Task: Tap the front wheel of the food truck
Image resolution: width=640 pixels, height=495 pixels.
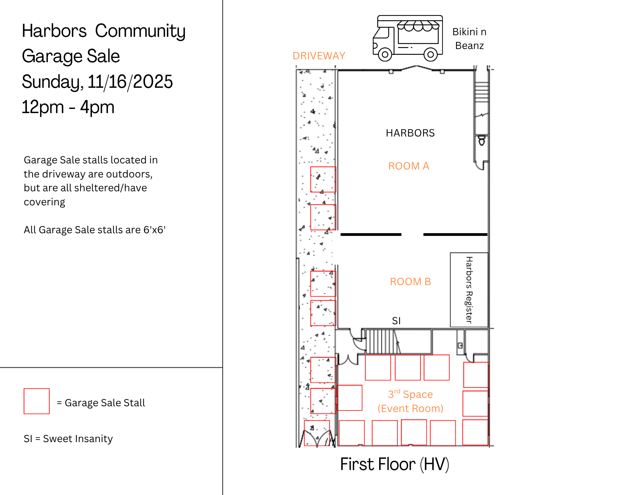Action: pyautogui.click(x=385, y=54)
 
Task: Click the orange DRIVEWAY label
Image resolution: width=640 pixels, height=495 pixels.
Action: pyautogui.click(x=319, y=56)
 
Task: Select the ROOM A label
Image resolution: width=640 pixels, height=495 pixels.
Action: pyautogui.click(x=409, y=166)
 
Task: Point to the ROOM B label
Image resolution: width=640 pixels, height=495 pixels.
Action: pyautogui.click(x=411, y=282)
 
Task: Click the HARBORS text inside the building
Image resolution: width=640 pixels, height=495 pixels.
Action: pyautogui.click(x=410, y=133)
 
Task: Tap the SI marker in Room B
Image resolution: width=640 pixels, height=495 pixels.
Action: pyautogui.click(x=396, y=321)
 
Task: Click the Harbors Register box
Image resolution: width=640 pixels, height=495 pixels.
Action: pyautogui.click(x=469, y=290)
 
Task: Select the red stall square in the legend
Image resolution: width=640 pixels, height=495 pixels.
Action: pyautogui.click(x=37, y=401)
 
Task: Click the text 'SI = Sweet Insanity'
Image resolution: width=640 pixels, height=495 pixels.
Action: pyautogui.click(x=68, y=439)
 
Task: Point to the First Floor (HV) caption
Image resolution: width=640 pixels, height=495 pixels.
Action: pyautogui.click(x=395, y=464)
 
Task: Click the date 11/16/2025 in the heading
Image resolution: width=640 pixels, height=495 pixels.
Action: pyautogui.click(x=130, y=81)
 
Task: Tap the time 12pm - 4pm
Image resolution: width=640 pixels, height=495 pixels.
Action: pyautogui.click(x=68, y=107)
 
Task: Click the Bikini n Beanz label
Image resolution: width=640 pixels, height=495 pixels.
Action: pyautogui.click(x=469, y=39)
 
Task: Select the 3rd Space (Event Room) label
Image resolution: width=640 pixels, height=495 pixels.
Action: pyautogui.click(x=411, y=401)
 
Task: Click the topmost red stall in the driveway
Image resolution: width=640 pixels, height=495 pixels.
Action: pyautogui.click(x=323, y=179)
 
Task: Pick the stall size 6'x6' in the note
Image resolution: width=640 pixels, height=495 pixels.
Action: pyautogui.click(x=155, y=230)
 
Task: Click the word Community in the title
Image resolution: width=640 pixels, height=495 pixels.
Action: pyautogui.click(x=140, y=31)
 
